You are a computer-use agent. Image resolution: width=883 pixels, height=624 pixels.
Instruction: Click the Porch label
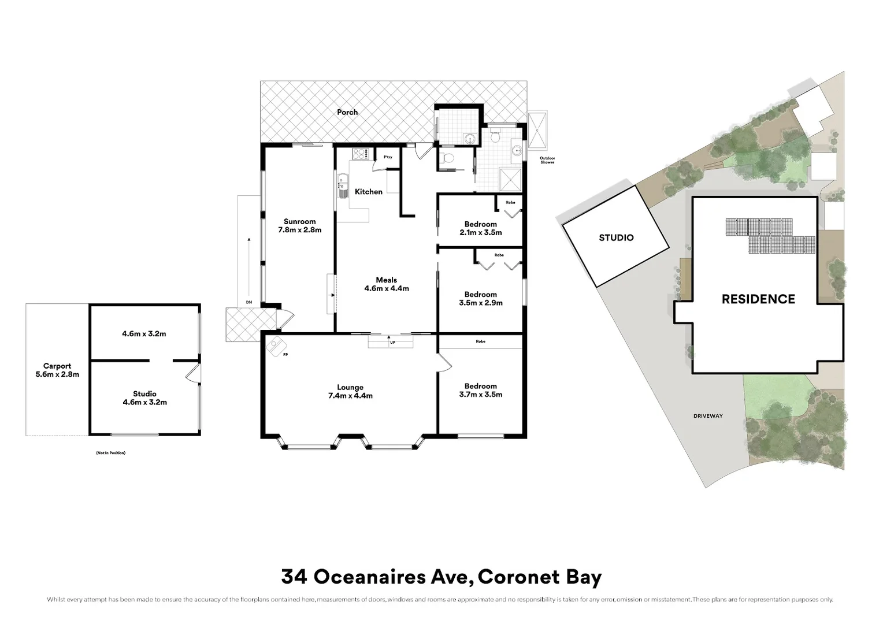[x=347, y=112]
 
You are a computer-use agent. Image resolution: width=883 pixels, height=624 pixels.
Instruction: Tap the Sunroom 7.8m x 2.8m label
[x=299, y=225]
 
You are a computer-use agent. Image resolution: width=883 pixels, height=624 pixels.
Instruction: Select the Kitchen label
[x=368, y=192]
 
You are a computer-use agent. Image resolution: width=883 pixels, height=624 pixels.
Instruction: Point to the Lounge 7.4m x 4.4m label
[x=350, y=392]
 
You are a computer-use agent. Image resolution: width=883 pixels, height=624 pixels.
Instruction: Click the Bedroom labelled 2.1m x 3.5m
[x=480, y=228]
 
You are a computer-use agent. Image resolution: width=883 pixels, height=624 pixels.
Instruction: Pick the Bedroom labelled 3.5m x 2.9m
[x=480, y=298]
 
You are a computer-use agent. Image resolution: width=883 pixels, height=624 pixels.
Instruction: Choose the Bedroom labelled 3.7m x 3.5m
[x=480, y=390]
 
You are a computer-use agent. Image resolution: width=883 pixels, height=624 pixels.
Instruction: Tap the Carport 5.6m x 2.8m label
[x=57, y=370]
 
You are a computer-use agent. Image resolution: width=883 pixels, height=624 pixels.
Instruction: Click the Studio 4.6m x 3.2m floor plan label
[x=144, y=398]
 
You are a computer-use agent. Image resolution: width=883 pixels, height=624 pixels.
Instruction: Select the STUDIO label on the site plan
[x=616, y=237]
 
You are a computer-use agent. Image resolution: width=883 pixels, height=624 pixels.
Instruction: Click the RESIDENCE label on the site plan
[x=758, y=299]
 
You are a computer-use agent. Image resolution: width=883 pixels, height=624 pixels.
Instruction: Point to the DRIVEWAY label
[x=708, y=416]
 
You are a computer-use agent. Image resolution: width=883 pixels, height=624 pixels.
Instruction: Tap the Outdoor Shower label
[x=547, y=160]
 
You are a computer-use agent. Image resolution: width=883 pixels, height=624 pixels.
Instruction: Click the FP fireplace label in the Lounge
[x=285, y=354]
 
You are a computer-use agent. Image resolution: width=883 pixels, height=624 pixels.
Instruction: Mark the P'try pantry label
[x=388, y=157]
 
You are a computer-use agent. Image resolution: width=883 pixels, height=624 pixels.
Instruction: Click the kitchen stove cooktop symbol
[x=361, y=154]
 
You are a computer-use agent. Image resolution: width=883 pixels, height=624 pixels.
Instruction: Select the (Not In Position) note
[x=110, y=453]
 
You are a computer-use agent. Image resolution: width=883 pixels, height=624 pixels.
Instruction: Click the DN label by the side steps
[x=249, y=302]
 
